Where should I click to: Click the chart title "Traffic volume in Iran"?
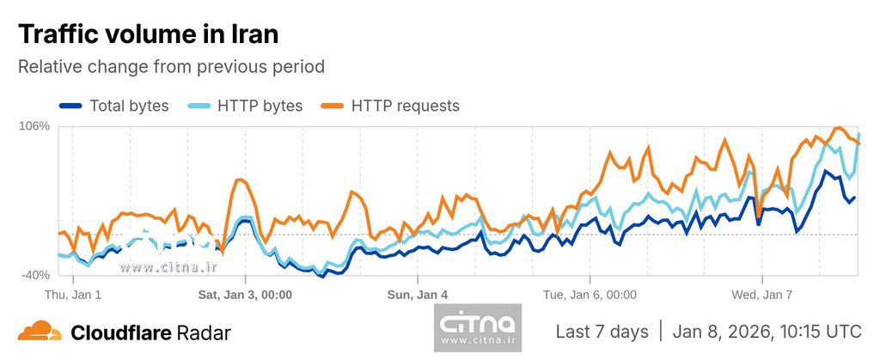(x=148, y=34)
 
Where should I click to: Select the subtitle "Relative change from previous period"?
(x=171, y=66)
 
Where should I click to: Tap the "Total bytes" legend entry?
(x=129, y=106)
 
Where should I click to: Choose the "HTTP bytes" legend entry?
(x=260, y=106)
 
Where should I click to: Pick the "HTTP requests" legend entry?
(x=405, y=106)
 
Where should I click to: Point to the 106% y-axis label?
(x=34, y=126)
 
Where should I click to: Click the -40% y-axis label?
(x=35, y=275)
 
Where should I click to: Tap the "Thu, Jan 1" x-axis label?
(x=73, y=295)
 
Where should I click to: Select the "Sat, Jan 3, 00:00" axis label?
(x=245, y=295)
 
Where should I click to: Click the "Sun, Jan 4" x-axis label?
(x=418, y=295)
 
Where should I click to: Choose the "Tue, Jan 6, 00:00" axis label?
(x=590, y=295)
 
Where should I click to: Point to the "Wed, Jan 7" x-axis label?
(x=761, y=295)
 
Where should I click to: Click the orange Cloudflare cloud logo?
(x=40, y=331)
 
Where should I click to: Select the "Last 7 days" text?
(x=602, y=332)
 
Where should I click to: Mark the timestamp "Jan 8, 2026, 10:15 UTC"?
(x=767, y=332)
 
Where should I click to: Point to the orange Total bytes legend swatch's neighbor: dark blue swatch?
(x=70, y=106)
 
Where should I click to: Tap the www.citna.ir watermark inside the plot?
(x=169, y=267)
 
